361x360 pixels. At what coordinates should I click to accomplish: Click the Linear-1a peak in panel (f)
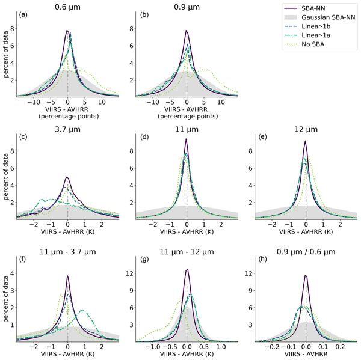click(82, 310)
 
